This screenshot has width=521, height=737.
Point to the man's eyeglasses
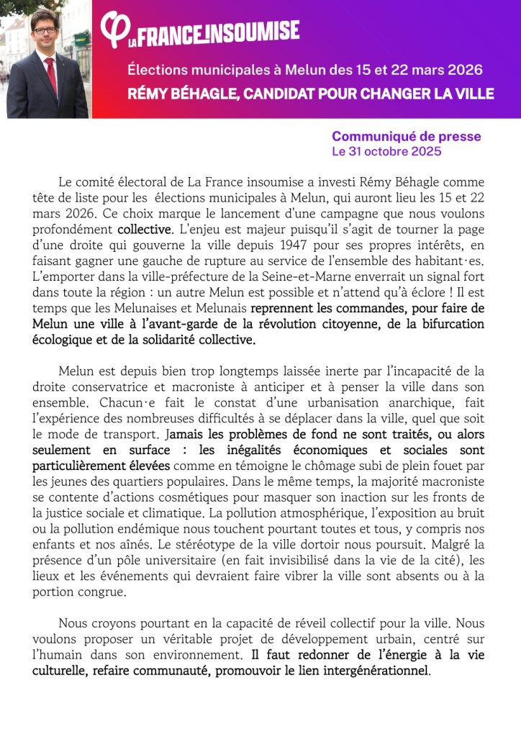[x=45, y=30]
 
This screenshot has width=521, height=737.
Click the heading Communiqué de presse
[x=406, y=137]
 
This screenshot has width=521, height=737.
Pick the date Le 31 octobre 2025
[x=386, y=151]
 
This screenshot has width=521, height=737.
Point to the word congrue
[x=106, y=593]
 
